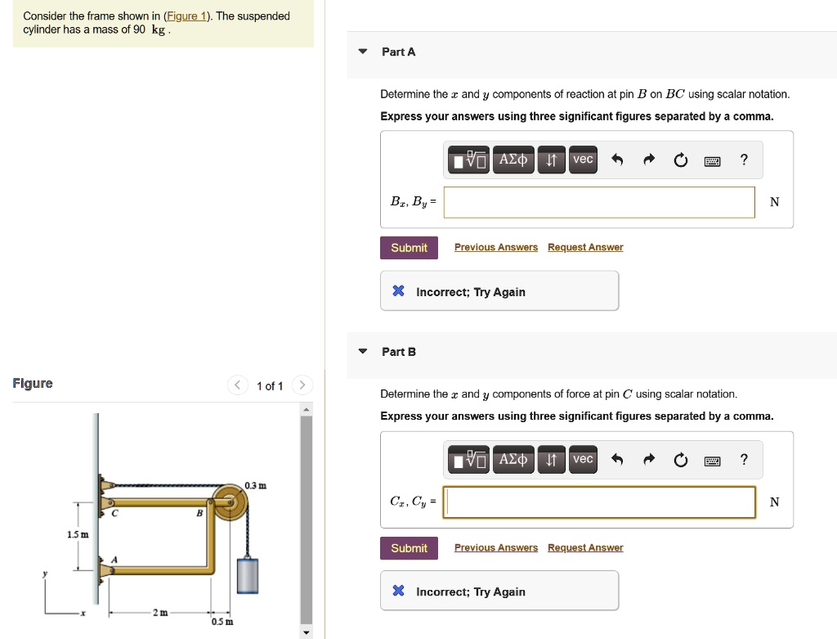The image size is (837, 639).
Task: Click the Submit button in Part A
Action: pos(409,248)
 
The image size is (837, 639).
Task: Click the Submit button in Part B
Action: pos(409,548)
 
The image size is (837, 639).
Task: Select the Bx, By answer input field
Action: pos(599,202)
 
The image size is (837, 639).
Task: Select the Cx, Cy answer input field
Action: pos(599,502)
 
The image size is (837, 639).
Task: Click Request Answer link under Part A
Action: pos(585,247)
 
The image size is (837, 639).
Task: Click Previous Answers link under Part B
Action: pos(496,547)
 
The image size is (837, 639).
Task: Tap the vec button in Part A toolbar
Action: pos(583,160)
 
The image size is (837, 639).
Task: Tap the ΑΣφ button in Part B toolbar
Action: pos(514,460)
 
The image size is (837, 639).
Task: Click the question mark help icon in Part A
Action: pos(743,160)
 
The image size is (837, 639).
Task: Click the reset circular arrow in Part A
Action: pos(681,160)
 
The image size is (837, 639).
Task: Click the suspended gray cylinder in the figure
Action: pos(247,574)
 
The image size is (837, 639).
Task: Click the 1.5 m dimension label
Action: pos(77,534)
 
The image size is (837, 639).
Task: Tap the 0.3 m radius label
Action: pos(255,487)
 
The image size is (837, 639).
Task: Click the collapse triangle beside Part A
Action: pos(363,52)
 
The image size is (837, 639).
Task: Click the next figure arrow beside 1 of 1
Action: pos(302,385)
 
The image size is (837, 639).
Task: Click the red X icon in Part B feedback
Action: pos(398,592)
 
